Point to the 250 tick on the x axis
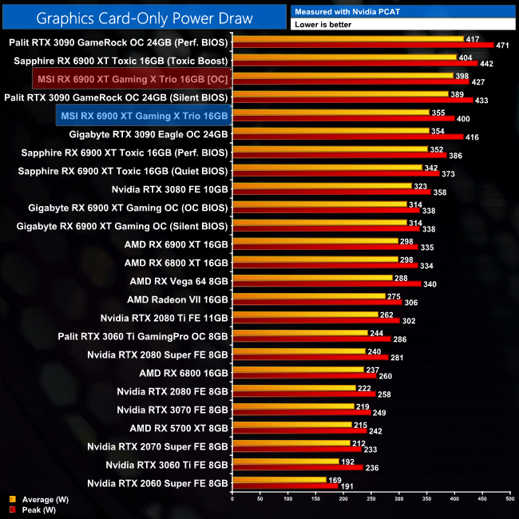[370, 500]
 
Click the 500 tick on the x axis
[509, 500]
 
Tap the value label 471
[503, 45]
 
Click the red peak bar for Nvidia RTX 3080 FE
[331, 192]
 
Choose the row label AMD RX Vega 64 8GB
[179, 281]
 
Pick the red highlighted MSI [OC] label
[133, 78]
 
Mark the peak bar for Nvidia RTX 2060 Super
[284, 485]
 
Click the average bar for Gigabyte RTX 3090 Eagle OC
[330, 131]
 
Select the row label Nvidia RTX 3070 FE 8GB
[172, 410]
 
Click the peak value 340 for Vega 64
[430, 283]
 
